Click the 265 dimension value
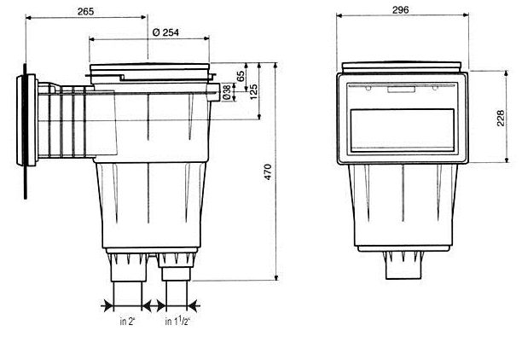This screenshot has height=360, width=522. coord(85,12)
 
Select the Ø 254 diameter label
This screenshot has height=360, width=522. coord(165,32)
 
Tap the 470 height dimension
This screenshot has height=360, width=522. coord(268,172)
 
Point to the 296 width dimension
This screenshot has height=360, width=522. coord(400,10)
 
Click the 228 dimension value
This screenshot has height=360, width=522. coord(501,119)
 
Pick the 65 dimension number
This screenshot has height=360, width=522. coord(241,76)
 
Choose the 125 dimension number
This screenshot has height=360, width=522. coord(253,92)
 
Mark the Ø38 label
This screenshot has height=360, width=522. coord(226,92)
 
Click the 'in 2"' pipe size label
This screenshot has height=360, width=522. coord(127,322)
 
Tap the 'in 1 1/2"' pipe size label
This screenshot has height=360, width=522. coord(177,321)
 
